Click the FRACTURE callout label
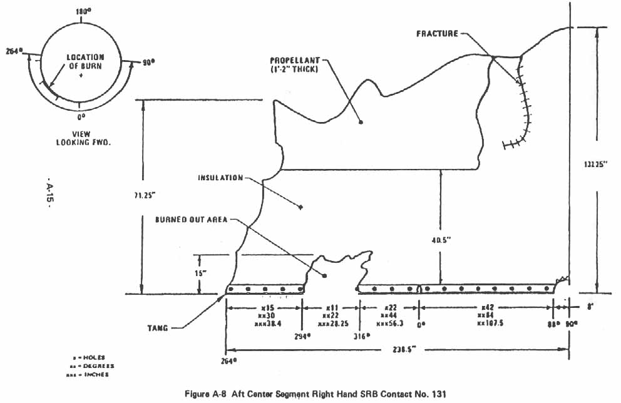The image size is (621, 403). (438, 33)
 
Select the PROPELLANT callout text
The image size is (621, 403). (295, 64)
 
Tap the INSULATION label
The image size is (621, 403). (221, 178)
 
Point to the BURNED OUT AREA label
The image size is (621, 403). (192, 220)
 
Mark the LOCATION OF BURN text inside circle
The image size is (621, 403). (85, 61)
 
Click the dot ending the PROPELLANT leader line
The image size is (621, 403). (361, 122)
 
